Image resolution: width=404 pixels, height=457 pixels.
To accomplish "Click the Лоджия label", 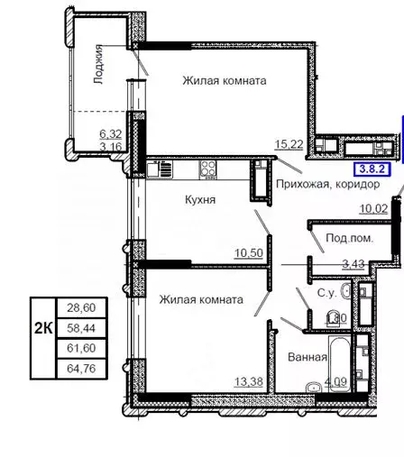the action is [98, 64].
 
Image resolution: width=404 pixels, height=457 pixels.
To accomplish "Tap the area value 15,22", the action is [289, 144].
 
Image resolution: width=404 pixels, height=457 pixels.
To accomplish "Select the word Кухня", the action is [200, 200].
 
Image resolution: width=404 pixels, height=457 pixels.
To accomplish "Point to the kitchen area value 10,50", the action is [249, 253].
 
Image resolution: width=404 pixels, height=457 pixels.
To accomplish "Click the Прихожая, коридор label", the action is [327, 184].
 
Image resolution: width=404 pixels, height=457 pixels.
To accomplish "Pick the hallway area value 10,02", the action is [374, 208].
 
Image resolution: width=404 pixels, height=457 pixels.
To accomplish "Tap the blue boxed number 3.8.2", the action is [372, 169].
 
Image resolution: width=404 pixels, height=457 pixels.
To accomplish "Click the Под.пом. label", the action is [349, 238].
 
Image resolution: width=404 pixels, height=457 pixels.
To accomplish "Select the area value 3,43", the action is [353, 264].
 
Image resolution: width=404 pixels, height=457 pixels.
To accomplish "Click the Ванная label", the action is [308, 357].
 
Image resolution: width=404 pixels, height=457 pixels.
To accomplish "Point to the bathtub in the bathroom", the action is [340, 364].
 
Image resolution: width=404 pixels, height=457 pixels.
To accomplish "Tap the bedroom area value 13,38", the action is [249, 382].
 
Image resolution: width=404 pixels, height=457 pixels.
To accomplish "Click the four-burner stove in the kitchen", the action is [208, 169].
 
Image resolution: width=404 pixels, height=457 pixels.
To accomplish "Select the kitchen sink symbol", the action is [160, 169].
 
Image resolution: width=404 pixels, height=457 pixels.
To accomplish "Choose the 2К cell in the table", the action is [43, 328].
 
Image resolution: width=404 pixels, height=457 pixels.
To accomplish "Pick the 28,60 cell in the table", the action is [81, 307].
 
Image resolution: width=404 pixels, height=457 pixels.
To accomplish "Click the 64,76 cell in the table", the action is [81, 369].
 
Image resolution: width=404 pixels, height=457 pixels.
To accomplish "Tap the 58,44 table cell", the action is [81, 328].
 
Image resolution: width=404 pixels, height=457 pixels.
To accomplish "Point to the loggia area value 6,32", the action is [111, 133].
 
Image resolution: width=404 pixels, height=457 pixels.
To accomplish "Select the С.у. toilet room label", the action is [326, 293].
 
